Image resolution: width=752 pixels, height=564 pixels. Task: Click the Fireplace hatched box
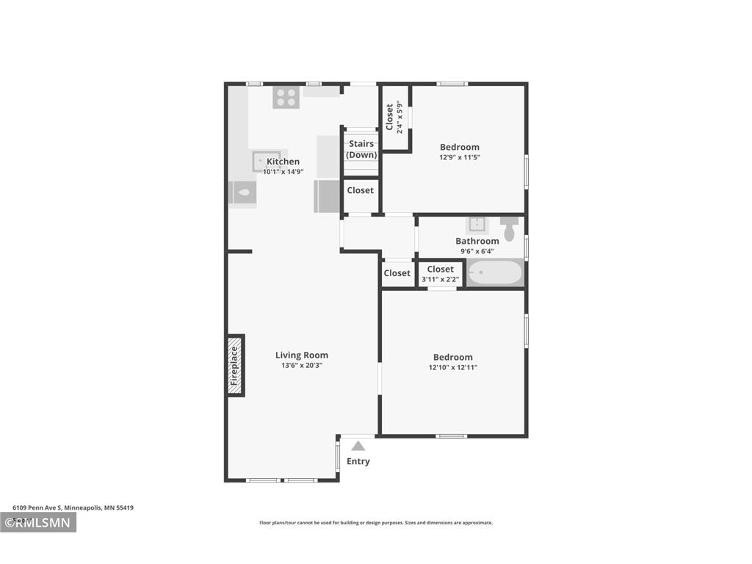coord(235,366)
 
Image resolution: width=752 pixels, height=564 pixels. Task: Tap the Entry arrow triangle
coord(358,446)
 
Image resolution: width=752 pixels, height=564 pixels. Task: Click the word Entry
coord(358,461)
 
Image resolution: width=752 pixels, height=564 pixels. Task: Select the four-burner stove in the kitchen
coord(285,98)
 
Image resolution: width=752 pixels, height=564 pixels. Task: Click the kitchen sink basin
coord(261,161)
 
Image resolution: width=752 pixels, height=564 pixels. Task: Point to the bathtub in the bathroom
coord(495,274)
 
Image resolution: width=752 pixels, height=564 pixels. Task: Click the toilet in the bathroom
coord(510,227)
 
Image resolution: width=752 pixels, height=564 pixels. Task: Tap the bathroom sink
coord(477,224)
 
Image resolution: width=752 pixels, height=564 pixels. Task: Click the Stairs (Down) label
coord(361,149)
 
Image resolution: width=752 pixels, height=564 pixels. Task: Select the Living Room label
coord(302,355)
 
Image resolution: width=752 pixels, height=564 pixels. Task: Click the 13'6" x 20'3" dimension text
coord(302,366)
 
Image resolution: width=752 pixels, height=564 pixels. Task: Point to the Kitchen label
coord(283,162)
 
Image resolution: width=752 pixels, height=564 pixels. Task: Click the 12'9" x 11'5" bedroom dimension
coord(460,157)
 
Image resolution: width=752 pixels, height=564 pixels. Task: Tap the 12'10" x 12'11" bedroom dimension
coord(453,368)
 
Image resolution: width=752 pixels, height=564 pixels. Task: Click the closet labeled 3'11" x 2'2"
coord(441,274)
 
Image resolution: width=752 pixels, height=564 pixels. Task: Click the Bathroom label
coord(477,241)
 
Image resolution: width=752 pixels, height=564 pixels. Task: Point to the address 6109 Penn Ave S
coord(73,507)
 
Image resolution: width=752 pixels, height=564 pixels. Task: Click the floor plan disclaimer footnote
coord(376,523)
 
